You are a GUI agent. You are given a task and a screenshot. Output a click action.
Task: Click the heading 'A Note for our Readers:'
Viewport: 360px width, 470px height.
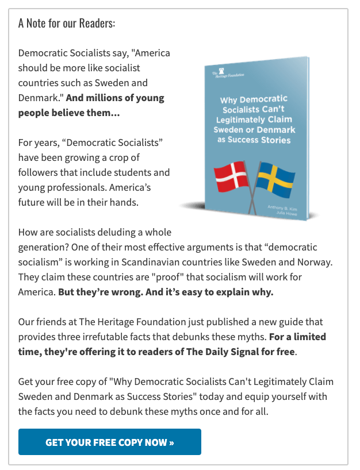pyautogui.click(x=67, y=24)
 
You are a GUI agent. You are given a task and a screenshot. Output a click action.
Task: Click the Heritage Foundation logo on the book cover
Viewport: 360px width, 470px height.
pyautogui.click(x=221, y=74)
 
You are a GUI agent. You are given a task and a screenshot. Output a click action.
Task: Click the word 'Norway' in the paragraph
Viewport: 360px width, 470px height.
pyautogui.click(x=315, y=262)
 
